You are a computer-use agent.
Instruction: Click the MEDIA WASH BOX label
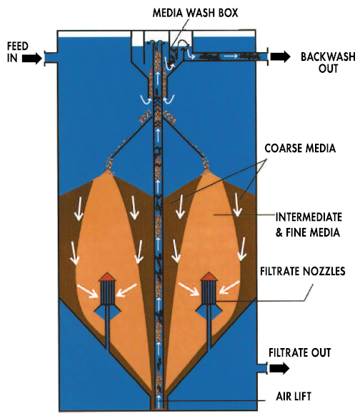click(x=196, y=13)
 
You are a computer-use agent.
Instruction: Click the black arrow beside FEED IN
click(x=32, y=58)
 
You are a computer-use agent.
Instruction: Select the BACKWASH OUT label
click(x=328, y=63)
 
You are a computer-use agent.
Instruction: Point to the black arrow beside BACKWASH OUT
click(x=281, y=56)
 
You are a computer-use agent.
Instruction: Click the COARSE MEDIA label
click(x=300, y=148)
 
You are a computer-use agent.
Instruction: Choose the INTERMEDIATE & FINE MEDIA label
click(x=309, y=224)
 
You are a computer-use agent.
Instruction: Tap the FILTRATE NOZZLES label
click(x=302, y=271)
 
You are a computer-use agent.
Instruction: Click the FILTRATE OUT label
click(x=299, y=352)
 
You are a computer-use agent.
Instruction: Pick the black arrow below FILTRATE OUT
click(x=279, y=368)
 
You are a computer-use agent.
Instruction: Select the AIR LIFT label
click(x=294, y=397)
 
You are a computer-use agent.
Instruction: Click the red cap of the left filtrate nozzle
click(x=107, y=277)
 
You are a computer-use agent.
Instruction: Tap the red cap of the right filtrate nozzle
click(x=209, y=277)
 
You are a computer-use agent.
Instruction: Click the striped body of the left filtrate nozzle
click(x=107, y=292)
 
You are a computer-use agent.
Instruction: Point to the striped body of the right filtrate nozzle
click(x=209, y=292)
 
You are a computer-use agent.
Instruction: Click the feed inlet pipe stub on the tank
click(x=51, y=58)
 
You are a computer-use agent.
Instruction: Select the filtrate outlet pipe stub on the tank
click(x=261, y=368)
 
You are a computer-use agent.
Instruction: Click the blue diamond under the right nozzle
click(x=209, y=312)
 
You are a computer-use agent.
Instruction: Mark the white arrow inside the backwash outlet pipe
click(x=231, y=56)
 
